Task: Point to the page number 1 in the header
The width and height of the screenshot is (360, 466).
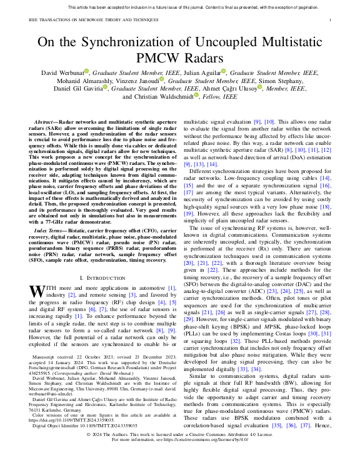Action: pyautogui.click(x=329, y=20)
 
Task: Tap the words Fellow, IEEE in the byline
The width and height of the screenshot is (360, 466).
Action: pyautogui.click(x=217, y=97)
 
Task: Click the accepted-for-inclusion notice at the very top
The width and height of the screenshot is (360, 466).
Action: pyautogui.click(x=180, y=7)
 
